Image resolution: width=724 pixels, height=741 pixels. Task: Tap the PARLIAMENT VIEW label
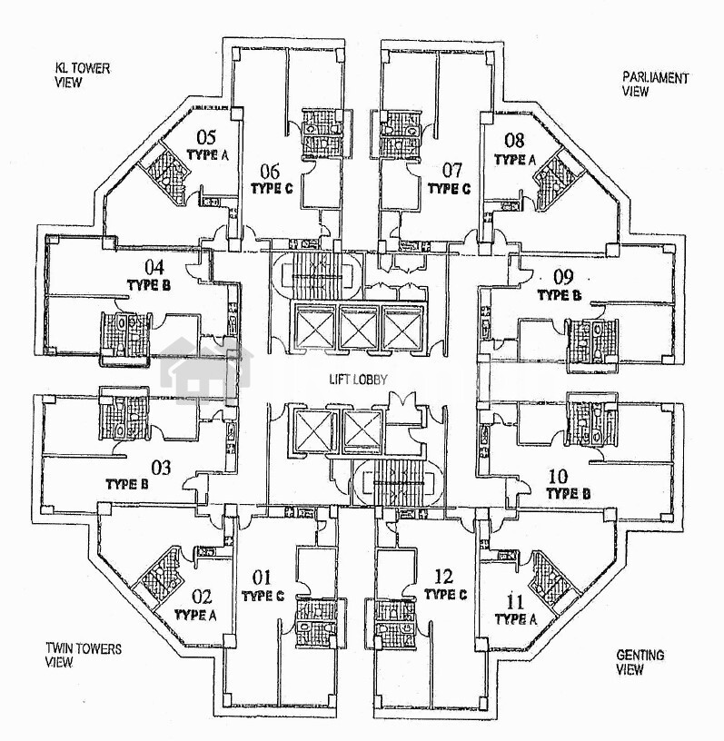(x=654, y=84)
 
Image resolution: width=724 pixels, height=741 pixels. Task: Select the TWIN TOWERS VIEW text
(x=83, y=655)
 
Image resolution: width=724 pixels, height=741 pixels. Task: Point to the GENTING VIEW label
(x=640, y=662)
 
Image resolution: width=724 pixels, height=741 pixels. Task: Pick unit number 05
(x=206, y=138)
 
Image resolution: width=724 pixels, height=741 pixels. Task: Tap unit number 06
(x=271, y=170)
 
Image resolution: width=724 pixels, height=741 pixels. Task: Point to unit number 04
(x=154, y=267)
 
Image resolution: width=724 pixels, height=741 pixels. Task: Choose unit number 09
(x=563, y=277)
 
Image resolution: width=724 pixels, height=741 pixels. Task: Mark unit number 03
(x=161, y=469)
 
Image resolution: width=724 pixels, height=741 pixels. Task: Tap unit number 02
(x=202, y=597)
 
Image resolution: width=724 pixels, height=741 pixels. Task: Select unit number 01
(x=262, y=577)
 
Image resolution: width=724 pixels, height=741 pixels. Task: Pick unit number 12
(x=443, y=576)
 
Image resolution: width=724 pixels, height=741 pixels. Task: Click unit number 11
(x=515, y=601)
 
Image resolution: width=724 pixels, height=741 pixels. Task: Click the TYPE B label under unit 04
(x=149, y=284)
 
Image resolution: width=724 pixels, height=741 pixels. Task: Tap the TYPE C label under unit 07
(x=448, y=189)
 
